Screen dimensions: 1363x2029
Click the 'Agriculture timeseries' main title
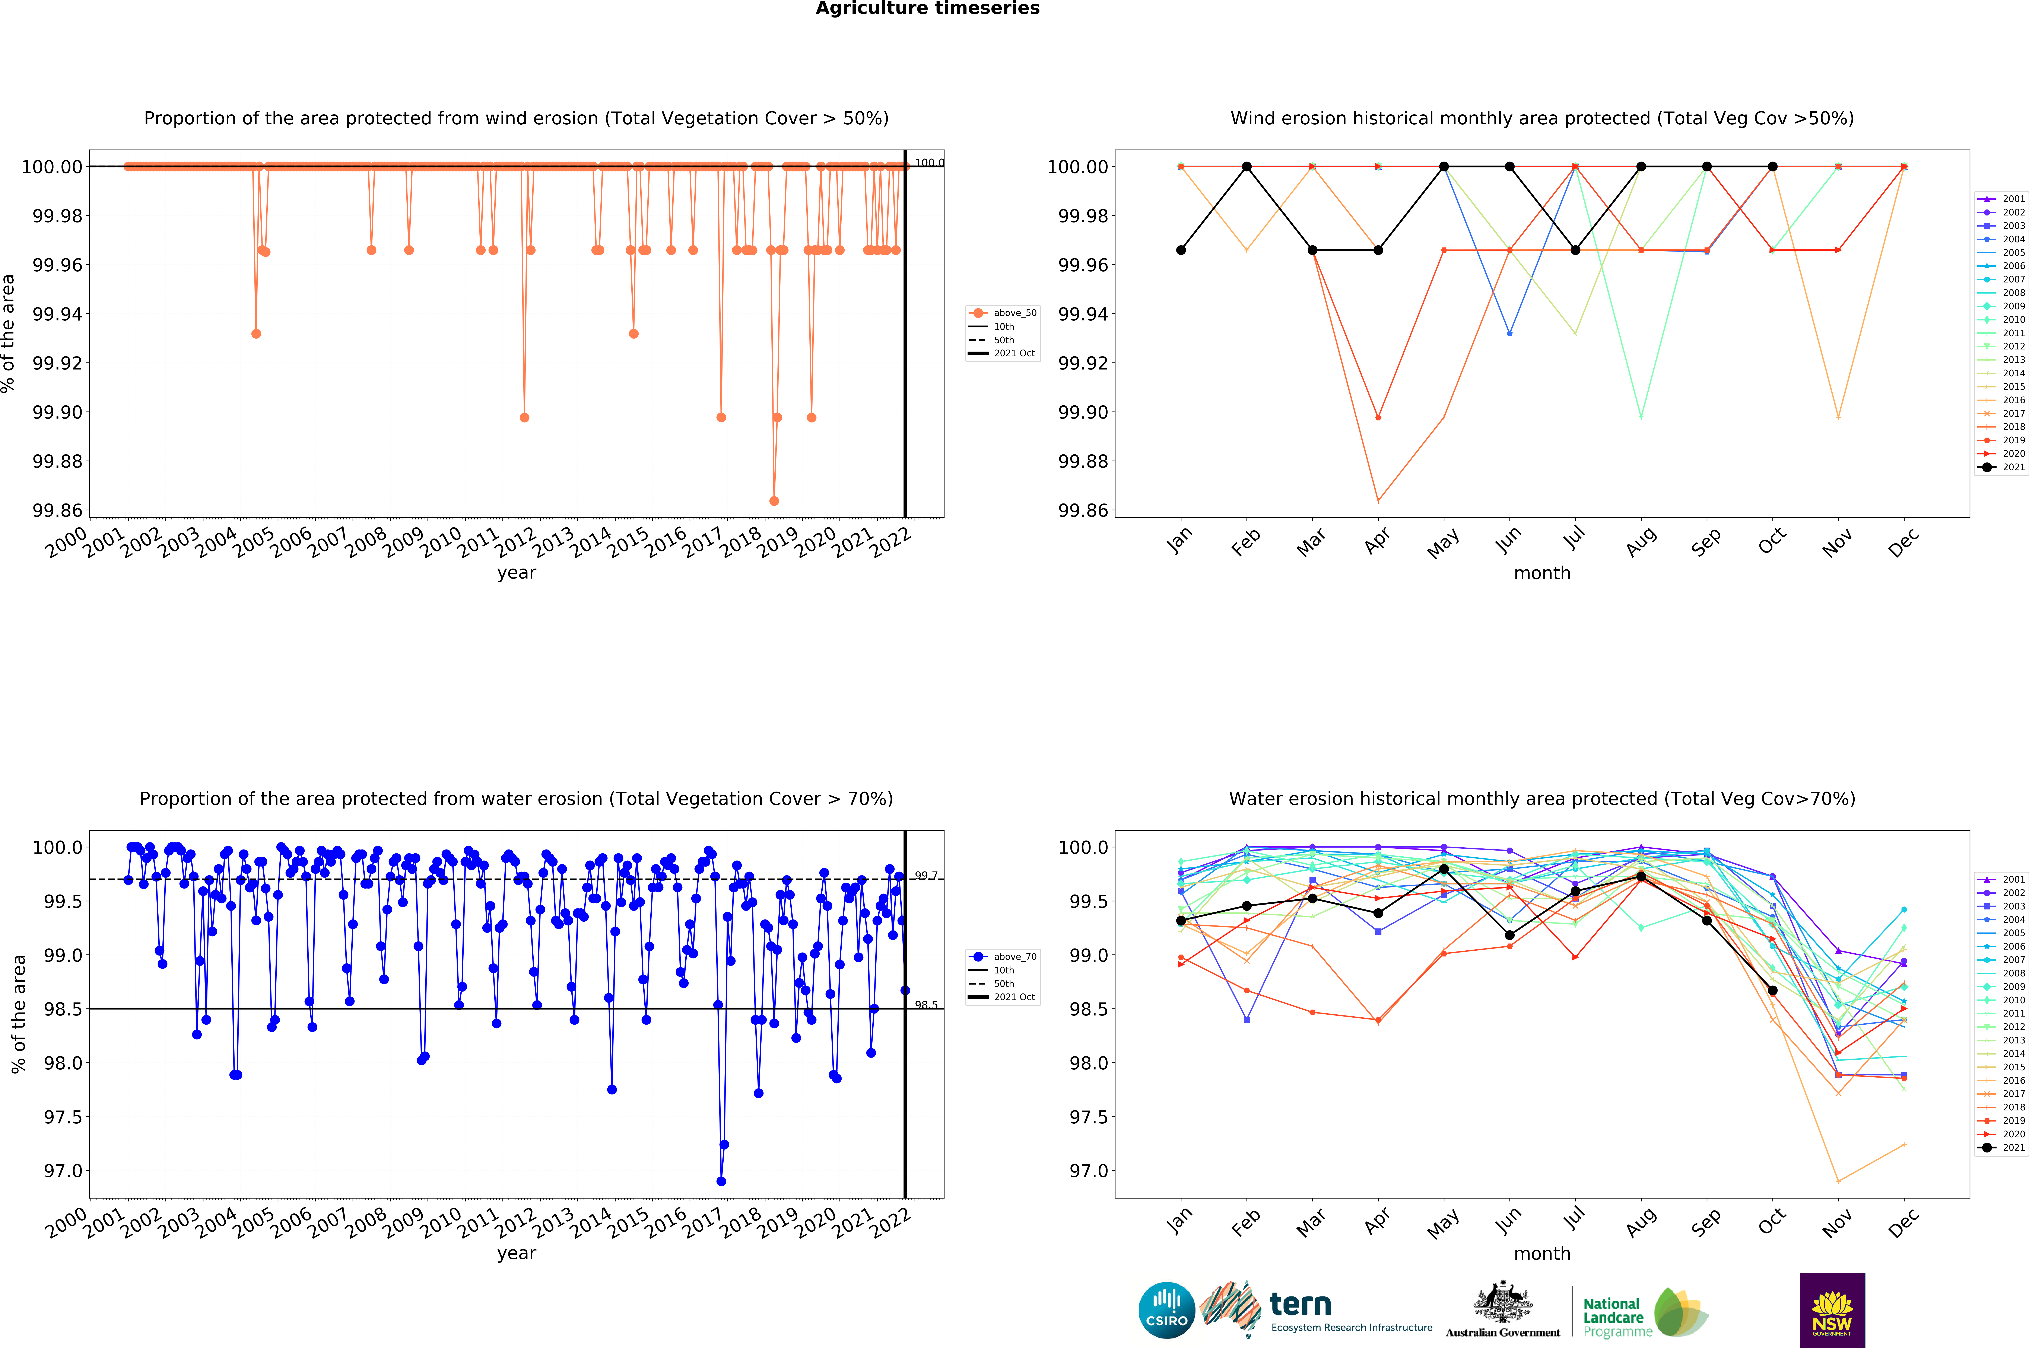pyautogui.click(x=927, y=9)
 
